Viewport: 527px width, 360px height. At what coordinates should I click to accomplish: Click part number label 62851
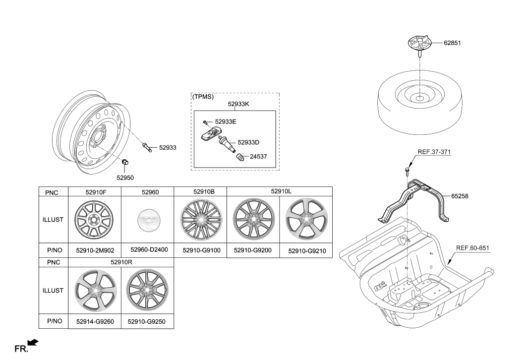point(452,43)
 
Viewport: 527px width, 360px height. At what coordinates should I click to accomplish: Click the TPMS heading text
point(203,97)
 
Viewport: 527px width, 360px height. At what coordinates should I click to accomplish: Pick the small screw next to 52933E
point(204,121)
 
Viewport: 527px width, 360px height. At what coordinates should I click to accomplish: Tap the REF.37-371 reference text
point(434,152)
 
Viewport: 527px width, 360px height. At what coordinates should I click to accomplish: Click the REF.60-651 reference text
point(473,248)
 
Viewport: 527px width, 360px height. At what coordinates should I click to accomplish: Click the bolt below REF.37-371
point(405,171)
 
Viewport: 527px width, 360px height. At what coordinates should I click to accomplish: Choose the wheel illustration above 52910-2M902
point(94,219)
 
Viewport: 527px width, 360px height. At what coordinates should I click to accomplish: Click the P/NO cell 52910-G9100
point(200,251)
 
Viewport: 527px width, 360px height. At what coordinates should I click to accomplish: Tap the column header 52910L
point(281,190)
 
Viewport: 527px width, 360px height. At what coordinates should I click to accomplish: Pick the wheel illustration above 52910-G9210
point(306,219)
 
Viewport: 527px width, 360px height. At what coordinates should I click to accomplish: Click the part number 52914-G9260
point(95,321)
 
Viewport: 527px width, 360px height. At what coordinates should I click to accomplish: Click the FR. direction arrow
point(33,342)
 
